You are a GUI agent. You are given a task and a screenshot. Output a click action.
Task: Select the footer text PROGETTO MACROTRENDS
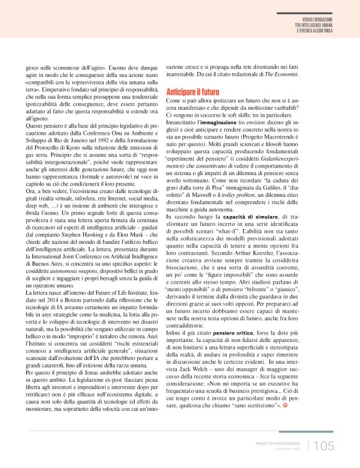[x=279, y=443]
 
